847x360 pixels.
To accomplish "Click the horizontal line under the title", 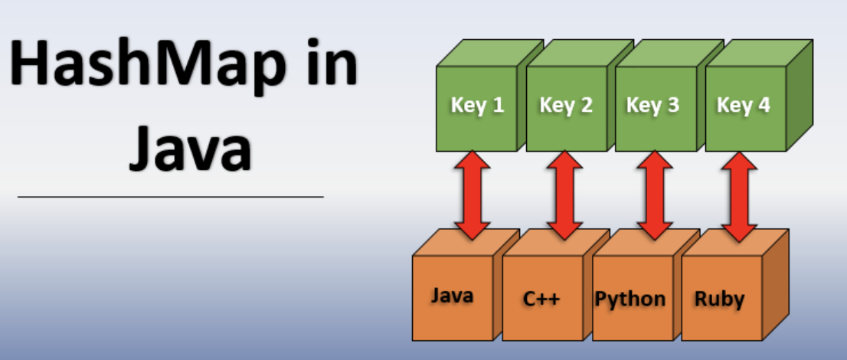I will pos(170,197).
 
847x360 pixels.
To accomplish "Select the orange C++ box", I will pos(542,297).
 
